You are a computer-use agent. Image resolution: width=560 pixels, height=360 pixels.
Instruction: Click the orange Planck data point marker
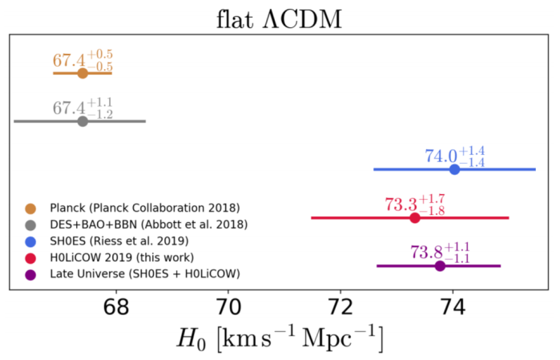pyautogui.click(x=83, y=73)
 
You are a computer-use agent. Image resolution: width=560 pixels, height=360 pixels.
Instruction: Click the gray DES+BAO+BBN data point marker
pyautogui.click(x=83, y=121)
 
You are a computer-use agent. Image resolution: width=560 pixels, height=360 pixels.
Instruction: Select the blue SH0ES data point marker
pyautogui.click(x=454, y=169)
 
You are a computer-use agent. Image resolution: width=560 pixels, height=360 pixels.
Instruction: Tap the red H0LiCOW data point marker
pyautogui.click(x=415, y=217)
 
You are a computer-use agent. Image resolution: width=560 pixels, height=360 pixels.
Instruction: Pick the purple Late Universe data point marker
pyautogui.click(x=440, y=265)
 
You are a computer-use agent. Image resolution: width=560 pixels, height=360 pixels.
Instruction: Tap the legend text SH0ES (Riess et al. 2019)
pyautogui.click(x=118, y=241)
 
